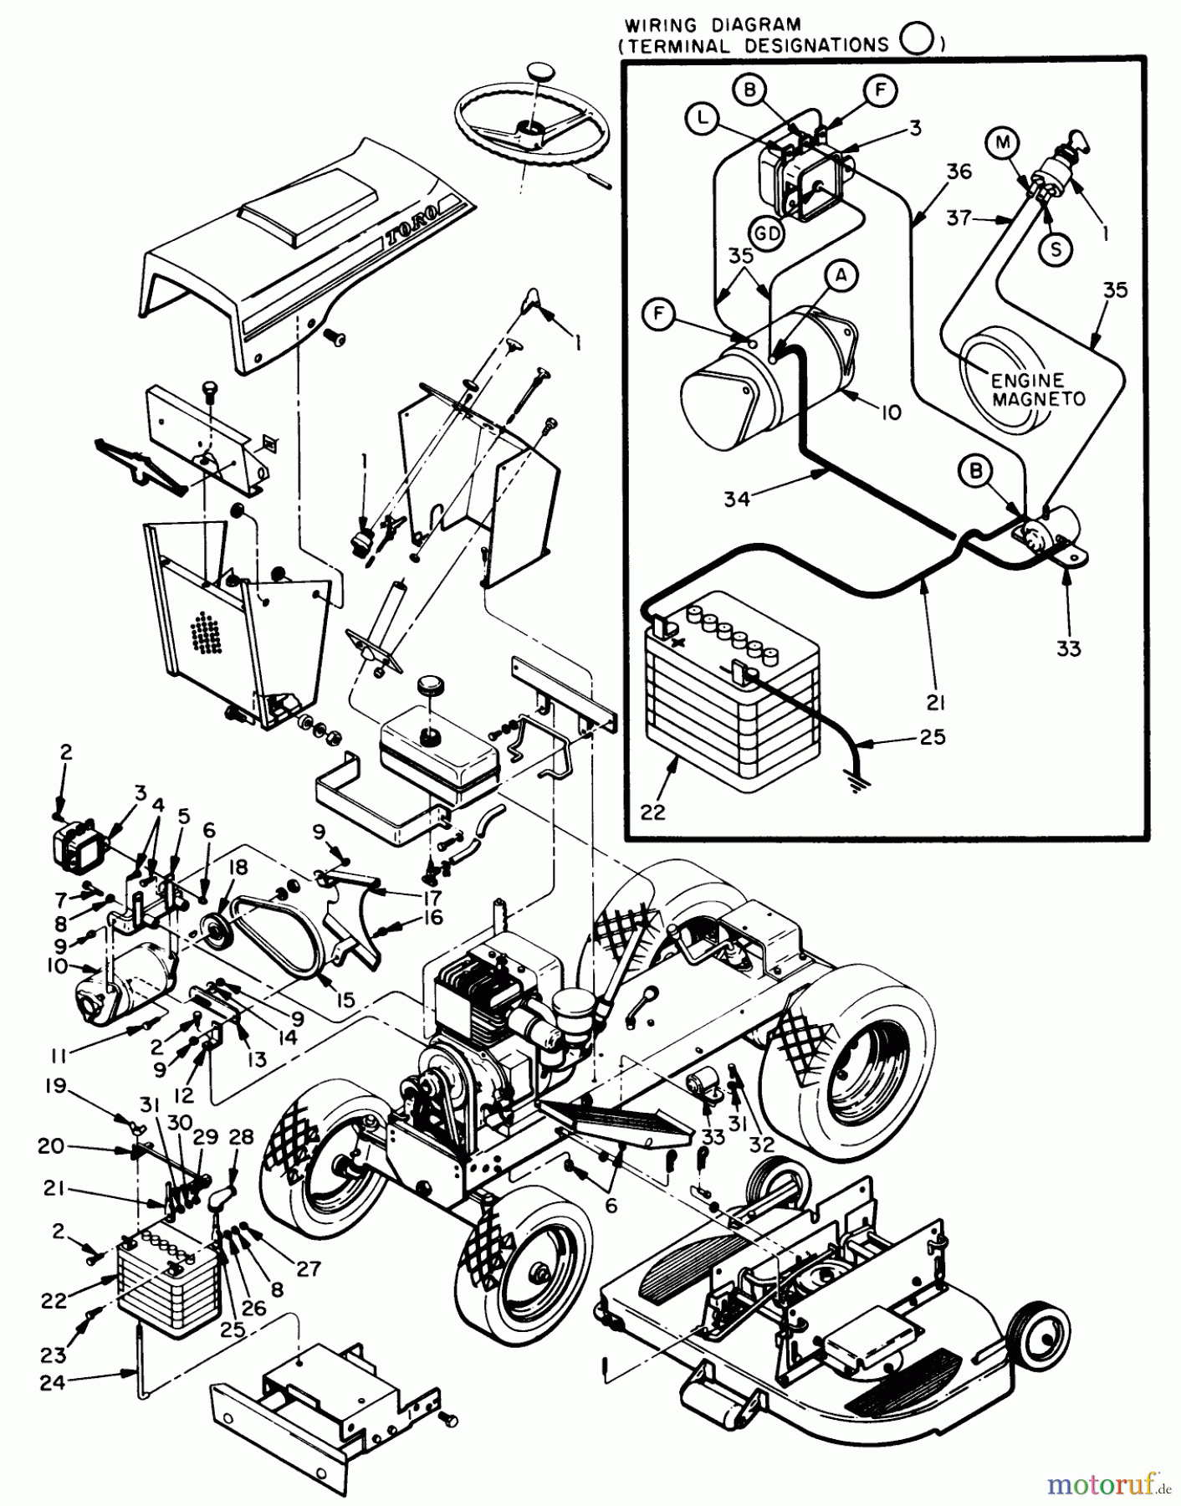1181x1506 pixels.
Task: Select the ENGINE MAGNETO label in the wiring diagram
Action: click(1037, 390)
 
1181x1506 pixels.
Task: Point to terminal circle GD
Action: click(766, 233)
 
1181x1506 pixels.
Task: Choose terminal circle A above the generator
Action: click(841, 274)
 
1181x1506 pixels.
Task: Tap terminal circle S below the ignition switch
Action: click(1056, 249)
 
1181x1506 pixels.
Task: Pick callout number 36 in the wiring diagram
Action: click(959, 171)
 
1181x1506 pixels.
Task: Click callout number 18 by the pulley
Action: click(238, 868)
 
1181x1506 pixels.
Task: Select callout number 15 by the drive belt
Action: click(345, 999)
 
